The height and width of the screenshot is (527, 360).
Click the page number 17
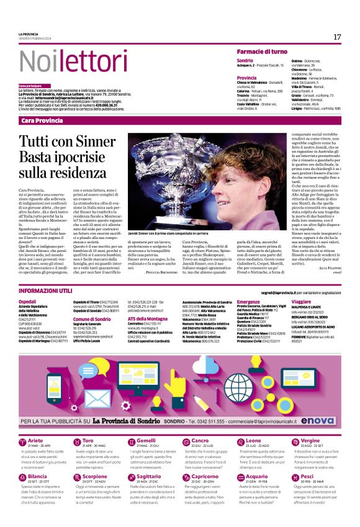tap(337, 37)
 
